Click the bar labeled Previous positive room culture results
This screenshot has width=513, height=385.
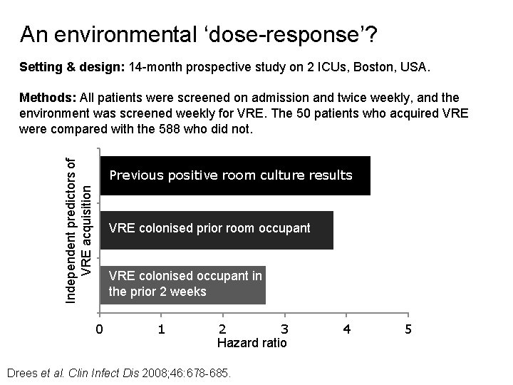point(235,175)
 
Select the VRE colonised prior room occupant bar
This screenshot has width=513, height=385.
point(217,230)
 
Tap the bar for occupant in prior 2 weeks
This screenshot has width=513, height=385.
point(182,284)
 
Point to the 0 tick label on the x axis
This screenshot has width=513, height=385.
point(100,329)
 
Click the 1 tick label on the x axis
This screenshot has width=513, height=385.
point(161,329)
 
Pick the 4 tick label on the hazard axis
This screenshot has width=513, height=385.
point(346,329)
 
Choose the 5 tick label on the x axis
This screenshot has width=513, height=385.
point(408,329)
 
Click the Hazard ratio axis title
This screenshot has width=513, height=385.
point(252,343)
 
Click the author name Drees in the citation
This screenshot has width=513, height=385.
point(19,373)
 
